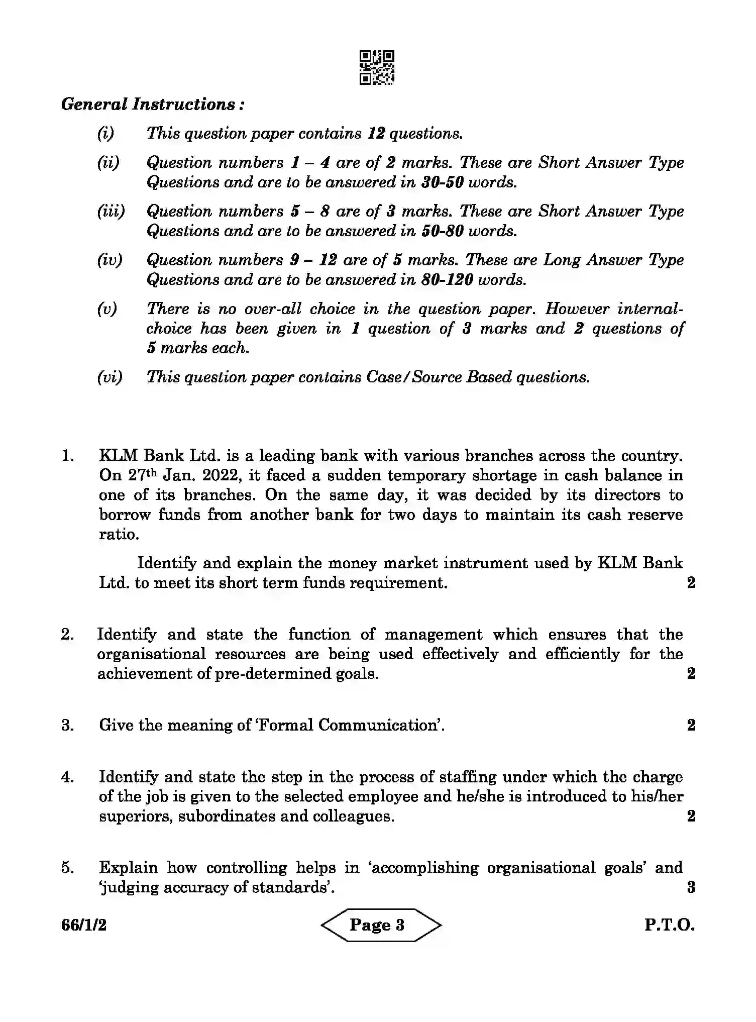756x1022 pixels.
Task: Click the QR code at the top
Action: [x=377, y=67]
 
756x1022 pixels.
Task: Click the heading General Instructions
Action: [x=153, y=105]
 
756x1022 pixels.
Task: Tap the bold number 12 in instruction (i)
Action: [x=376, y=134]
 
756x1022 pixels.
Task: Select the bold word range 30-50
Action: [x=442, y=182]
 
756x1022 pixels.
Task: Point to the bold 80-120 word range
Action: [x=447, y=280]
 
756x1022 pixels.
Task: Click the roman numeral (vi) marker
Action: [x=110, y=377]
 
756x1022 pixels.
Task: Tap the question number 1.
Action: [x=67, y=456]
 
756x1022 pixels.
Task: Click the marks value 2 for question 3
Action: [x=691, y=725]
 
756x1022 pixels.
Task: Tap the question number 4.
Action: [x=67, y=777]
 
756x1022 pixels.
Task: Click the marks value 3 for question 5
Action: [x=691, y=887]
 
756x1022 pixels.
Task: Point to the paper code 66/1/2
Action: [x=84, y=926]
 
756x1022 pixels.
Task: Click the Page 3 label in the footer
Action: [x=377, y=925]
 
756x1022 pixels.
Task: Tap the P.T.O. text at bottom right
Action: [x=669, y=926]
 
